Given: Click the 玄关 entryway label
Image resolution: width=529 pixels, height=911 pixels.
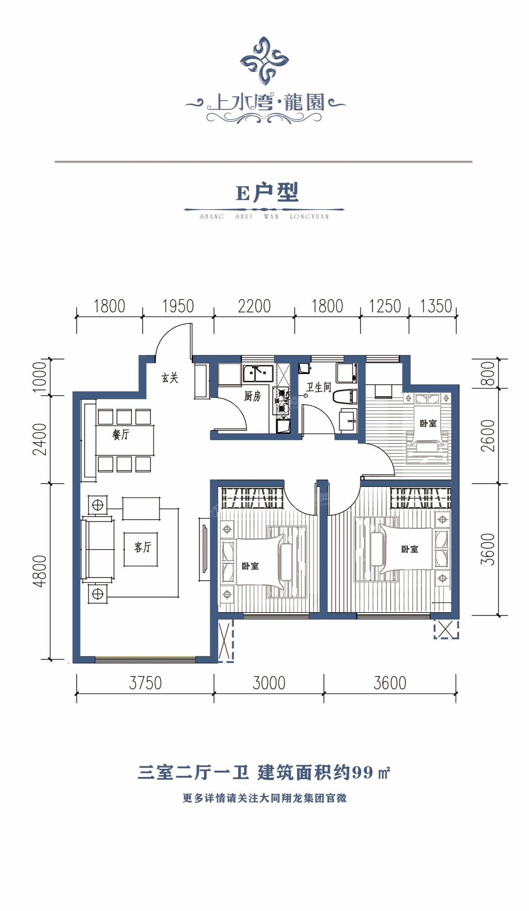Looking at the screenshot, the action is tap(170, 377).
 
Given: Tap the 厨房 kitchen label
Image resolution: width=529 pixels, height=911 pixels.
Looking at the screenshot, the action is tap(252, 396).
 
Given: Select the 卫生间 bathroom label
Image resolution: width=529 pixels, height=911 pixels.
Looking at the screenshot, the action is tap(318, 387).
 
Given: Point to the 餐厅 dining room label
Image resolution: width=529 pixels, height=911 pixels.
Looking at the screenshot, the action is tap(121, 434).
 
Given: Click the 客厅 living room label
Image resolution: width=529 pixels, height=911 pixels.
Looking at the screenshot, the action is tap(143, 547).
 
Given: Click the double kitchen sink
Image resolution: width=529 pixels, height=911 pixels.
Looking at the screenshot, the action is tap(258, 373).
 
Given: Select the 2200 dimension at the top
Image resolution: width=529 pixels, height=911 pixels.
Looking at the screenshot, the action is tap(254, 306).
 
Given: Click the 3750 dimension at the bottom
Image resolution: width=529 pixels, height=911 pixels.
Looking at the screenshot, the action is tap(145, 683).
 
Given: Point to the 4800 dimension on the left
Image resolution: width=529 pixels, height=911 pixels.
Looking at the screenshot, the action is tap(40, 571).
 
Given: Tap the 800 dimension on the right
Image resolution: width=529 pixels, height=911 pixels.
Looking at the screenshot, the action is tap(489, 373).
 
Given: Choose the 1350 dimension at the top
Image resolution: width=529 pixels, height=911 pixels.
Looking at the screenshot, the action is tap(436, 306).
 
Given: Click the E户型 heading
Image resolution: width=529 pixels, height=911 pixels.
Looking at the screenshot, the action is tap(267, 193).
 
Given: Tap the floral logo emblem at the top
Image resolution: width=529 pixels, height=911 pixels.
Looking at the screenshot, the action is tap(264, 61).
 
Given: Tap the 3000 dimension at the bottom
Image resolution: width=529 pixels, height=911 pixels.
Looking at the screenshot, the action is tap(269, 683).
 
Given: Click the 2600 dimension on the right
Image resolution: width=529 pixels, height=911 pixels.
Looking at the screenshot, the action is tap(489, 436).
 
